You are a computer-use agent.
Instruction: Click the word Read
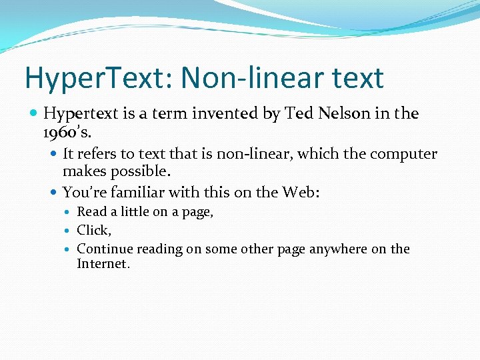(91, 212)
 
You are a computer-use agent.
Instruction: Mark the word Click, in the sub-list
(94, 230)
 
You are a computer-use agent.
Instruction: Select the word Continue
(105, 249)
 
